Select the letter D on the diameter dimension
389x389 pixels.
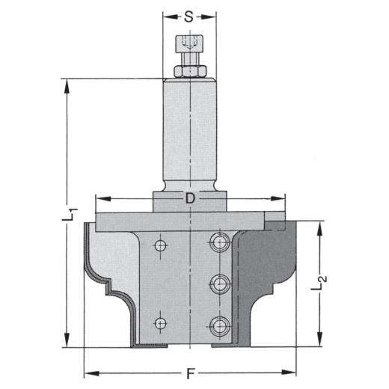(x=192, y=199)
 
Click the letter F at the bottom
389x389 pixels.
(x=192, y=372)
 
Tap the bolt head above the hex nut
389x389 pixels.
(x=190, y=46)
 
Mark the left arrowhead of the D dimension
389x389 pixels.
(x=100, y=199)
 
